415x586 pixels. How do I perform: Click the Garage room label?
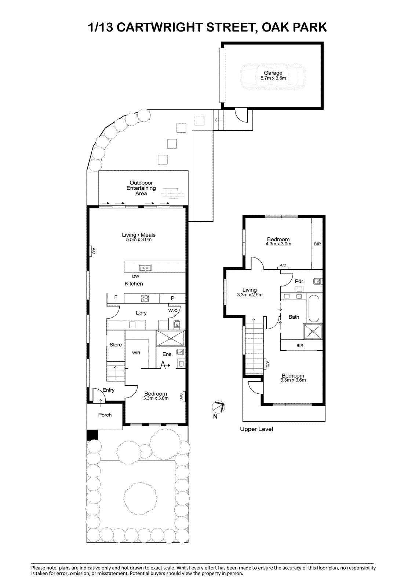point(273,73)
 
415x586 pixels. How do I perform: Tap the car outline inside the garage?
point(273,77)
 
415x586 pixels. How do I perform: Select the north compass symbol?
point(218,407)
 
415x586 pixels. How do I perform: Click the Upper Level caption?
point(256,429)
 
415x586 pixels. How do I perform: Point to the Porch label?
point(105,415)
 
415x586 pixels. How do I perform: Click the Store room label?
point(116,345)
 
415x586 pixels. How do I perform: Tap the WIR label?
point(136,353)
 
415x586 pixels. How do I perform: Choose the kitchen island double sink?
point(145,268)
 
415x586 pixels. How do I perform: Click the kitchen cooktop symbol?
point(145,298)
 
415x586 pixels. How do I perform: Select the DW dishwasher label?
point(135,276)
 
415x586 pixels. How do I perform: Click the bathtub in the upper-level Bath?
point(314,309)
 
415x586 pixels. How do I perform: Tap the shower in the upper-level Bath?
point(313,331)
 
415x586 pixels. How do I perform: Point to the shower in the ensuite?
point(171,338)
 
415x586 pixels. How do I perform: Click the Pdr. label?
point(299,281)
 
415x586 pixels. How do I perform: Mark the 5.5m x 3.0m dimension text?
point(139,240)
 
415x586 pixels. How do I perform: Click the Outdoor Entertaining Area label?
point(141,188)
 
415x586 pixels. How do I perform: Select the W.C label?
point(173,310)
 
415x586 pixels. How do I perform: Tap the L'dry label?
point(141,313)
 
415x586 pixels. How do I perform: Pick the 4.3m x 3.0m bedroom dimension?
point(278,244)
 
